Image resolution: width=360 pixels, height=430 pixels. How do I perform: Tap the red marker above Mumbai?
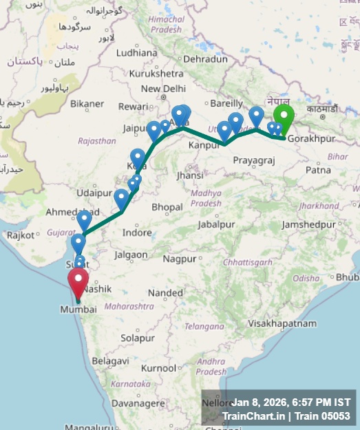[78, 283]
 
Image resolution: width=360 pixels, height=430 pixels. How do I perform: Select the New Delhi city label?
[163, 89]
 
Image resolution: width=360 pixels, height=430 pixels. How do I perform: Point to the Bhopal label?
[167, 207]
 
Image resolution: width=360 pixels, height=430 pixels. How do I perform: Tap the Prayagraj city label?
[254, 160]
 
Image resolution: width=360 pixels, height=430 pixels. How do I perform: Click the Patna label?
[317, 170]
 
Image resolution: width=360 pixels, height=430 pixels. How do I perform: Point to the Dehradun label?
[205, 60]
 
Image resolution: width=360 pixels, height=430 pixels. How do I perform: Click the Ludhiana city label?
[136, 52]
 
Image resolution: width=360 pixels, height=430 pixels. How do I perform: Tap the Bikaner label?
[87, 104]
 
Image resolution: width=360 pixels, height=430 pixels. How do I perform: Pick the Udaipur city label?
[94, 193]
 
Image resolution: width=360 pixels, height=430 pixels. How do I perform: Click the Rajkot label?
[21, 235]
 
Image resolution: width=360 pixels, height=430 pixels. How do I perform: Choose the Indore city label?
[137, 233]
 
